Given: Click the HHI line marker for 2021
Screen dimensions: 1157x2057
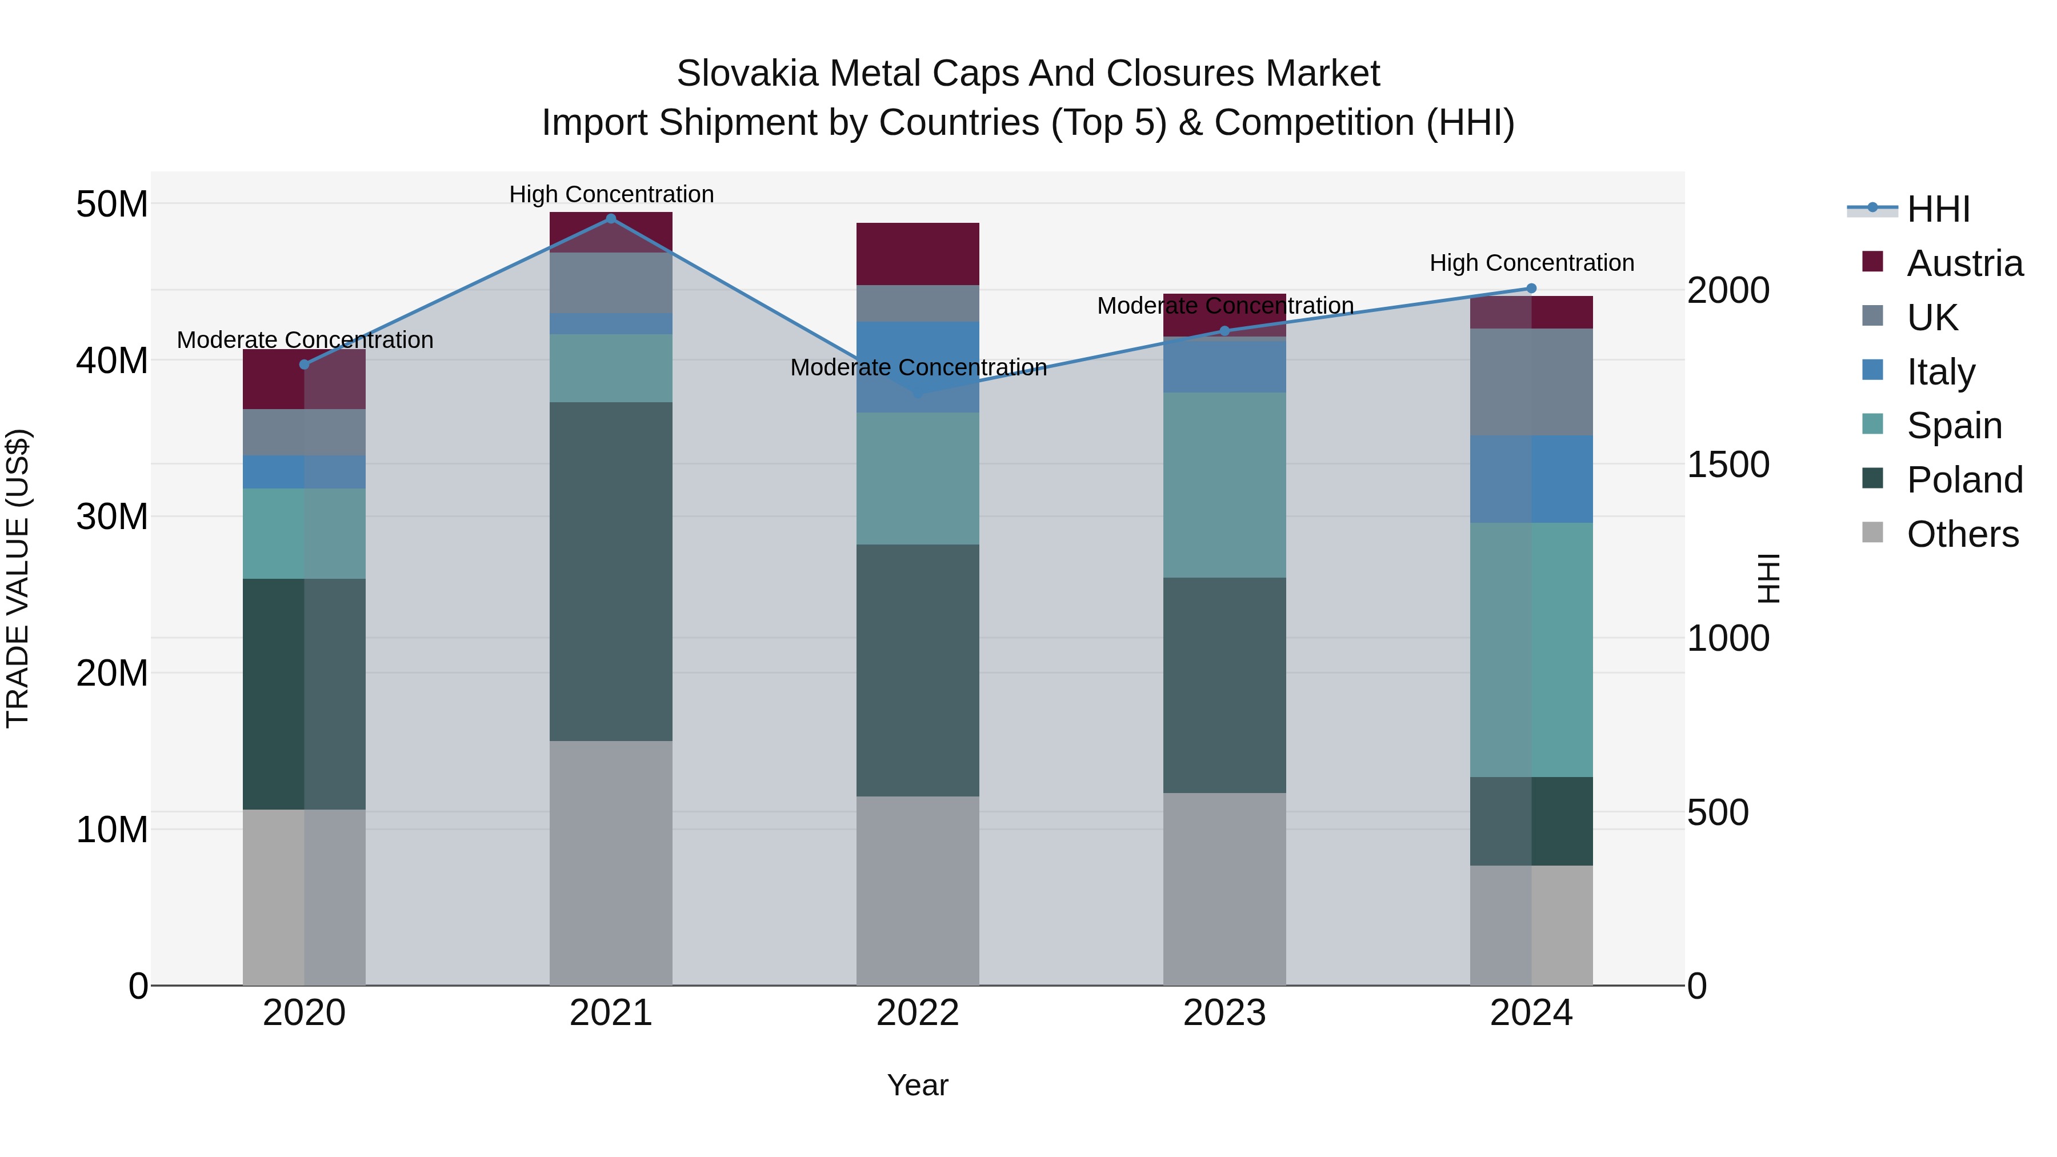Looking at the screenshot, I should (x=611, y=219).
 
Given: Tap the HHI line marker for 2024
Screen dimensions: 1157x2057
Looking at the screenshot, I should (x=1531, y=289).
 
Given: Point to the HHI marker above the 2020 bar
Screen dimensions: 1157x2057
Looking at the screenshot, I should (x=304, y=364).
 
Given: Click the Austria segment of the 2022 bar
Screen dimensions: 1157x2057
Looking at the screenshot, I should (x=918, y=253).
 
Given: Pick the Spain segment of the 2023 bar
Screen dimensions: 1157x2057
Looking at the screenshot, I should (x=1224, y=485).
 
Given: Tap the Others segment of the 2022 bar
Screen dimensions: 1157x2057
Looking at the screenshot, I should (x=918, y=890).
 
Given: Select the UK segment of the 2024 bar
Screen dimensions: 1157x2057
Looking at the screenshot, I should (x=1531, y=382).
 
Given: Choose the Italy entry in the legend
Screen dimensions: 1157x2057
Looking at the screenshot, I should (x=1940, y=372).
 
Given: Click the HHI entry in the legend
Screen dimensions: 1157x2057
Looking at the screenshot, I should (x=1938, y=209).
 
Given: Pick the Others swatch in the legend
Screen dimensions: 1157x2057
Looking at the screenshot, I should (x=1872, y=533).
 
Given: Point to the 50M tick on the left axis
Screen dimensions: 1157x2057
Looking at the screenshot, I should (x=112, y=205).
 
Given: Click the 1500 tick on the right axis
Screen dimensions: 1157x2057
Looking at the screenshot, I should (x=1728, y=465).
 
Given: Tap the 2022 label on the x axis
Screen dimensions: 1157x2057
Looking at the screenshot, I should (x=918, y=1013).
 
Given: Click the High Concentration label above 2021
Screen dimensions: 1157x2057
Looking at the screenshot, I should (x=611, y=194).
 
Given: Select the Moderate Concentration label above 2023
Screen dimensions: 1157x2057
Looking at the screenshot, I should (x=1224, y=306).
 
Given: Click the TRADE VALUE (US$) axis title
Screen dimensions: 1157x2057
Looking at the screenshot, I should (x=18, y=578).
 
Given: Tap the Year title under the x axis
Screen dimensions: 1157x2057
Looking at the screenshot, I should (x=918, y=1085).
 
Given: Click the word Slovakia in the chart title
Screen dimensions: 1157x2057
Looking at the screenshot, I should (x=747, y=74).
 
